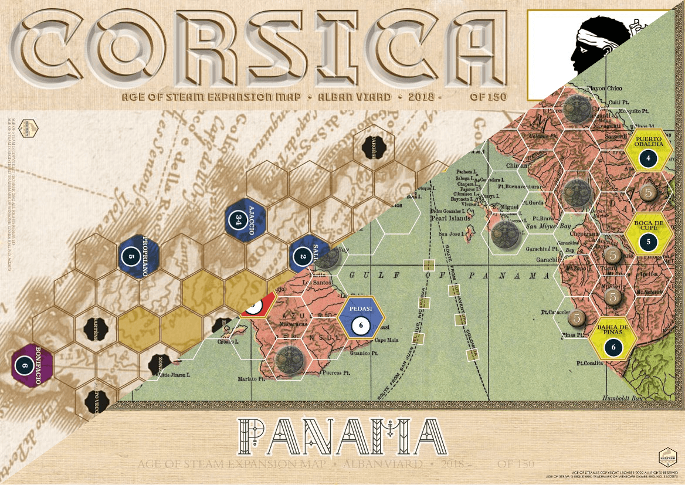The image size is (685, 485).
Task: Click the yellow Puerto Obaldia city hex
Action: pyautogui.click(x=648, y=150)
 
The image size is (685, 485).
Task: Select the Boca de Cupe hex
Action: pyautogui.click(x=648, y=233)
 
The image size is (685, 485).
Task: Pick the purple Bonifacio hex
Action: pyautogui.click(x=32, y=364)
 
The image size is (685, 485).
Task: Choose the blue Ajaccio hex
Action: pyautogui.click(x=245, y=220)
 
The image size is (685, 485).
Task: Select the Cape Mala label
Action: pyautogui.click(x=387, y=340)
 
